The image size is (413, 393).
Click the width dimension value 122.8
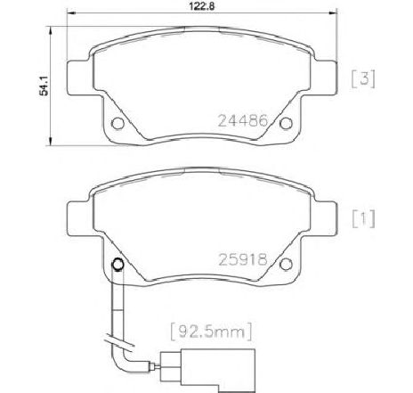(x=202, y=5)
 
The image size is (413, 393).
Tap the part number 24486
(x=243, y=121)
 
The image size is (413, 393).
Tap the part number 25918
(x=243, y=259)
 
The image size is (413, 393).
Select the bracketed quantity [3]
(x=363, y=79)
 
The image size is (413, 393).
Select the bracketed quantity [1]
(x=364, y=219)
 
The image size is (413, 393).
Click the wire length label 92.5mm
(x=211, y=332)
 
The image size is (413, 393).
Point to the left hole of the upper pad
(x=117, y=123)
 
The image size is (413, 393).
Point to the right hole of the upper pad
(x=286, y=123)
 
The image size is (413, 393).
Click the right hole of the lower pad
(x=286, y=264)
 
